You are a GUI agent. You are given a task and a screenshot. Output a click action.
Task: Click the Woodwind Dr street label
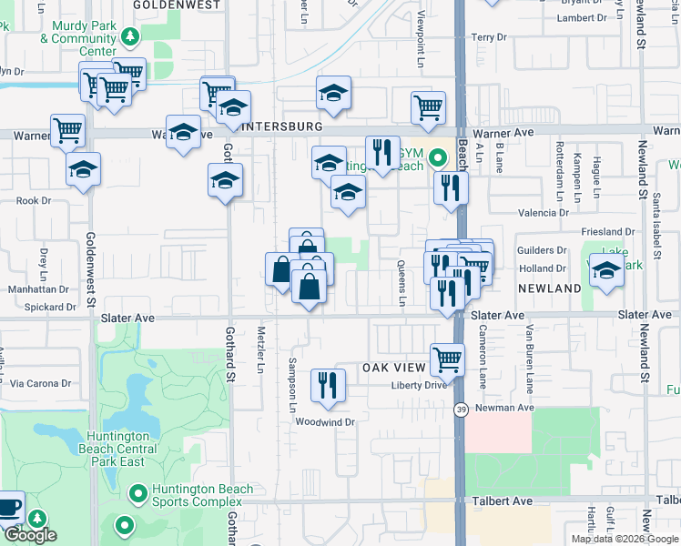click(x=324, y=422)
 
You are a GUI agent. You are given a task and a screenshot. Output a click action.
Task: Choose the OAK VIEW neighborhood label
click(x=395, y=368)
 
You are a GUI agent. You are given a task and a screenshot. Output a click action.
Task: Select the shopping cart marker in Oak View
click(x=447, y=359)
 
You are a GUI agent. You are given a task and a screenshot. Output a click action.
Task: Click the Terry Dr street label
click(x=489, y=37)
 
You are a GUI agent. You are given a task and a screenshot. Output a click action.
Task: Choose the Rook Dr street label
click(x=33, y=200)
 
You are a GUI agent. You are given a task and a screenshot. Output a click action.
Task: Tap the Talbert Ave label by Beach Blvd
click(x=503, y=501)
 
